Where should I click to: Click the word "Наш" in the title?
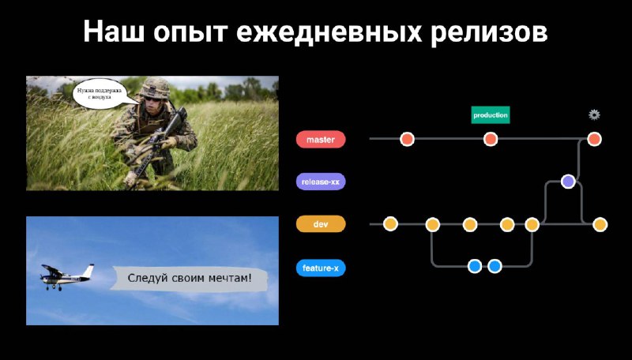pyautogui.click(x=113, y=31)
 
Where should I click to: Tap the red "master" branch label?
pyautogui.click(x=321, y=139)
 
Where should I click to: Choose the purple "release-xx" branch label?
pyautogui.click(x=321, y=182)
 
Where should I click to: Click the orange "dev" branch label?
pyautogui.click(x=321, y=224)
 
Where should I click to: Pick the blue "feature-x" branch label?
pyautogui.click(x=321, y=268)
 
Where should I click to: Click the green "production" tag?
pyautogui.click(x=491, y=115)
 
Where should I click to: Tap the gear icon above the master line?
pyautogui.click(x=594, y=114)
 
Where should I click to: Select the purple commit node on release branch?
pyautogui.click(x=568, y=182)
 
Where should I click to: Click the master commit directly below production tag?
pyautogui.click(x=490, y=139)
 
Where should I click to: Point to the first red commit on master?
pyautogui.click(x=407, y=139)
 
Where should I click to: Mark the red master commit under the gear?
pyautogui.click(x=594, y=139)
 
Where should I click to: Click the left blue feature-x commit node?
pyautogui.click(x=475, y=266)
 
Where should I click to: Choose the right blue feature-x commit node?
pyautogui.click(x=495, y=266)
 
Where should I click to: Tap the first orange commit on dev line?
pyautogui.click(x=390, y=224)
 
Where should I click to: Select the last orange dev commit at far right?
pyautogui.click(x=600, y=224)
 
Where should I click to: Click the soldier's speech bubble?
pyautogui.click(x=100, y=95)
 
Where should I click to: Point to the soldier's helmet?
pyautogui.click(x=155, y=87)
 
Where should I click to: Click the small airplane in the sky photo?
pyautogui.click(x=66, y=276)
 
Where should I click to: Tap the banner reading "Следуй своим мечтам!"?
pyautogui.click(x=189, y=278)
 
